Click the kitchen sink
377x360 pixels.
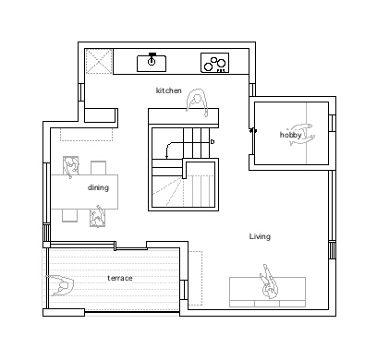click(152, 63)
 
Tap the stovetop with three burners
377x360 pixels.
click(215, 63)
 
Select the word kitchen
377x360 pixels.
click(169, 90)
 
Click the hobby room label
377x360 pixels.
click(290, 135)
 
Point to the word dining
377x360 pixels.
click(98, 187)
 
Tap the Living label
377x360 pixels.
click(260, 236)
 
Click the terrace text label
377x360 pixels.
click(120, 278)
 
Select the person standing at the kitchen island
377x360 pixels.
click(197, 102)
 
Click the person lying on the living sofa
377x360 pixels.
click(269, 282)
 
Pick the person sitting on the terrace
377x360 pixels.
click(60, 286)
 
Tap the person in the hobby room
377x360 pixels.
click(301, 135)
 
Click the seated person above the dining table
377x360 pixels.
click(71, 167)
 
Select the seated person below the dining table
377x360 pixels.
click(98, 216)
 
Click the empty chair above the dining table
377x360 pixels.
click(99, 168)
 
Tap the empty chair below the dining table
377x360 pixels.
click(69, 215)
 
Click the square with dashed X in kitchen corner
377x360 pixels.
click(98, 61)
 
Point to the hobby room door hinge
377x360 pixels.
click(253, 130)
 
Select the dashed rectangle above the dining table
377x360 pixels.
click(86, 134)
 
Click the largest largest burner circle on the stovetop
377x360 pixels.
click(221, 63)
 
